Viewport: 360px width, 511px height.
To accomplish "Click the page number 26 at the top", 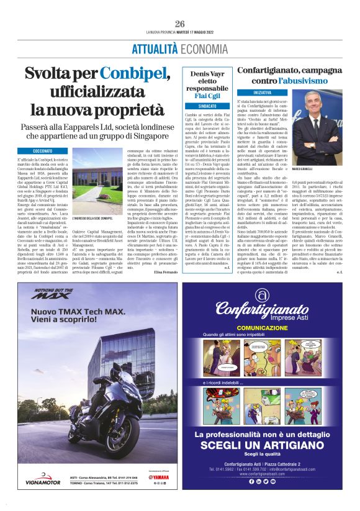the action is (x=180, y=24).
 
